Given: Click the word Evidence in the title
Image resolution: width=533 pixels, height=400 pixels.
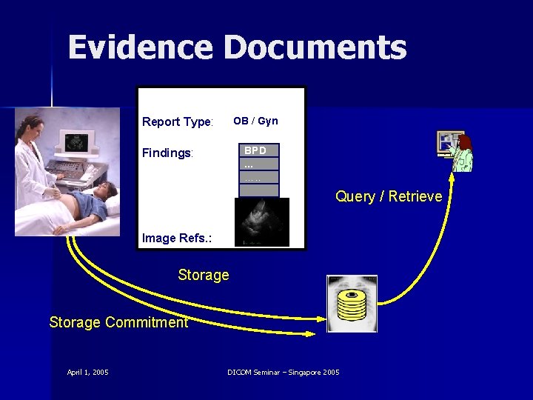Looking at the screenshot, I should tap(139, 48).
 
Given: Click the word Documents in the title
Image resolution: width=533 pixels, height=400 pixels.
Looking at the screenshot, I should tap(315, 48).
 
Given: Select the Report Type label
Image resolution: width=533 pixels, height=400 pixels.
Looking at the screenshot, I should tap(178, 121).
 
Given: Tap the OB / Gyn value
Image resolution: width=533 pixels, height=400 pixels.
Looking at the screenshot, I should tap(255, 121).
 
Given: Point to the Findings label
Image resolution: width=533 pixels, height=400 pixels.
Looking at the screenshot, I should tap(167, 153).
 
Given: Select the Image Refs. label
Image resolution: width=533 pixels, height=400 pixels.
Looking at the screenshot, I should tap(177, 238).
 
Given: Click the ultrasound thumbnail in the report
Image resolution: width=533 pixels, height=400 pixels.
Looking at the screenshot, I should tap(261, 222).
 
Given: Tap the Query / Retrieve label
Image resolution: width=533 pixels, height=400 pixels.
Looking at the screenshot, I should tap(389, 196).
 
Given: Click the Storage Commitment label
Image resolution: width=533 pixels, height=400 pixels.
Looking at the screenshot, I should tap(118, 321).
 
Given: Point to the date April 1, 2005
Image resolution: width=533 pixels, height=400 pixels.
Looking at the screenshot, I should tap(87, 372).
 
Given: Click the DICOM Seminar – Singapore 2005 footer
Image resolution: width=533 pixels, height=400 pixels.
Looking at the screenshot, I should tap(284, 372).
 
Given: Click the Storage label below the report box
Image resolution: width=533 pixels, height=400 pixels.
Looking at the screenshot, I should tap(204, 275).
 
